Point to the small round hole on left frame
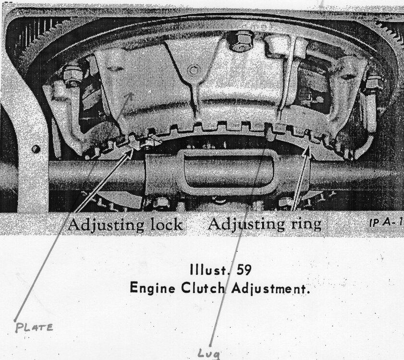[36, 149]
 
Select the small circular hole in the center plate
[193, 70]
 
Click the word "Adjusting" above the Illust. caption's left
[101, 224]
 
